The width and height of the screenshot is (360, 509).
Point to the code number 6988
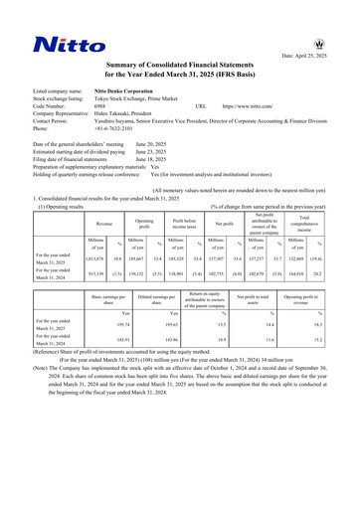(x=101, y=104)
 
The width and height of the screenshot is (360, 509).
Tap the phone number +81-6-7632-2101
(x=117, y=128)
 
